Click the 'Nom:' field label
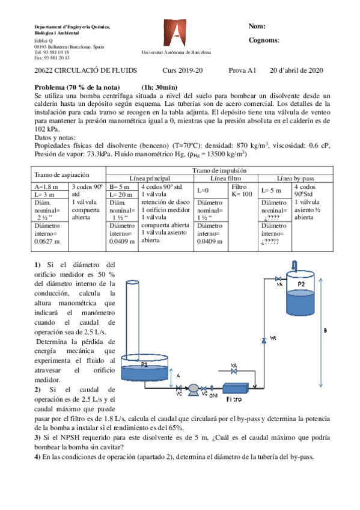click(257, 26)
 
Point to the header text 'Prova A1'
click(242, 70)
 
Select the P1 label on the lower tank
click(144, 364)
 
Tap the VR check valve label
click(273, 338)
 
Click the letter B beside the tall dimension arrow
click(325, 330)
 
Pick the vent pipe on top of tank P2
click(294, 265)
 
